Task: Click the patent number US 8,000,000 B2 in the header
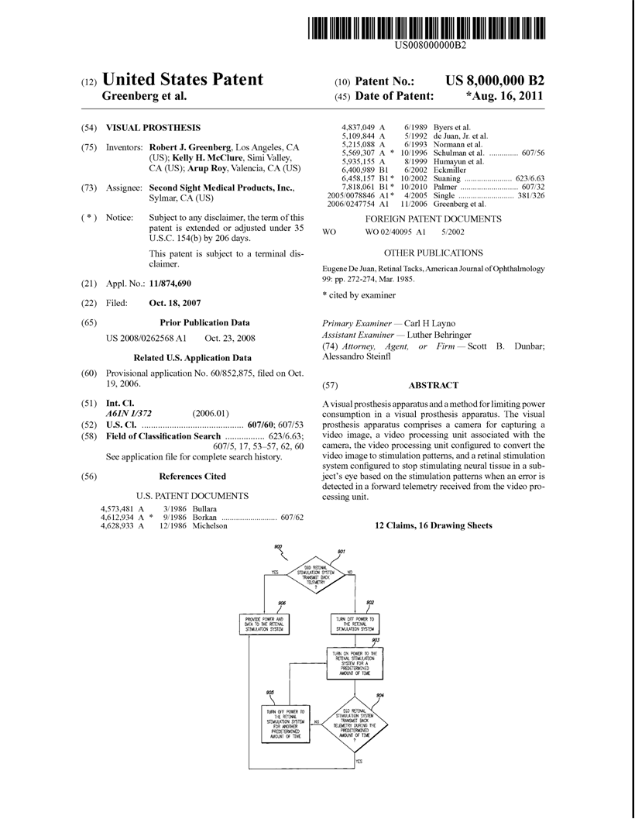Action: coord(495,81)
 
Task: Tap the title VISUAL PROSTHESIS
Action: coord(153,127)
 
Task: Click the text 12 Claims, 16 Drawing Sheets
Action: coord(433,525)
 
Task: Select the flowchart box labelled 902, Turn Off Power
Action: coord(355,625)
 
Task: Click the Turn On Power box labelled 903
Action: coord(355,662)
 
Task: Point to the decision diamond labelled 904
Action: coord(355,727)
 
